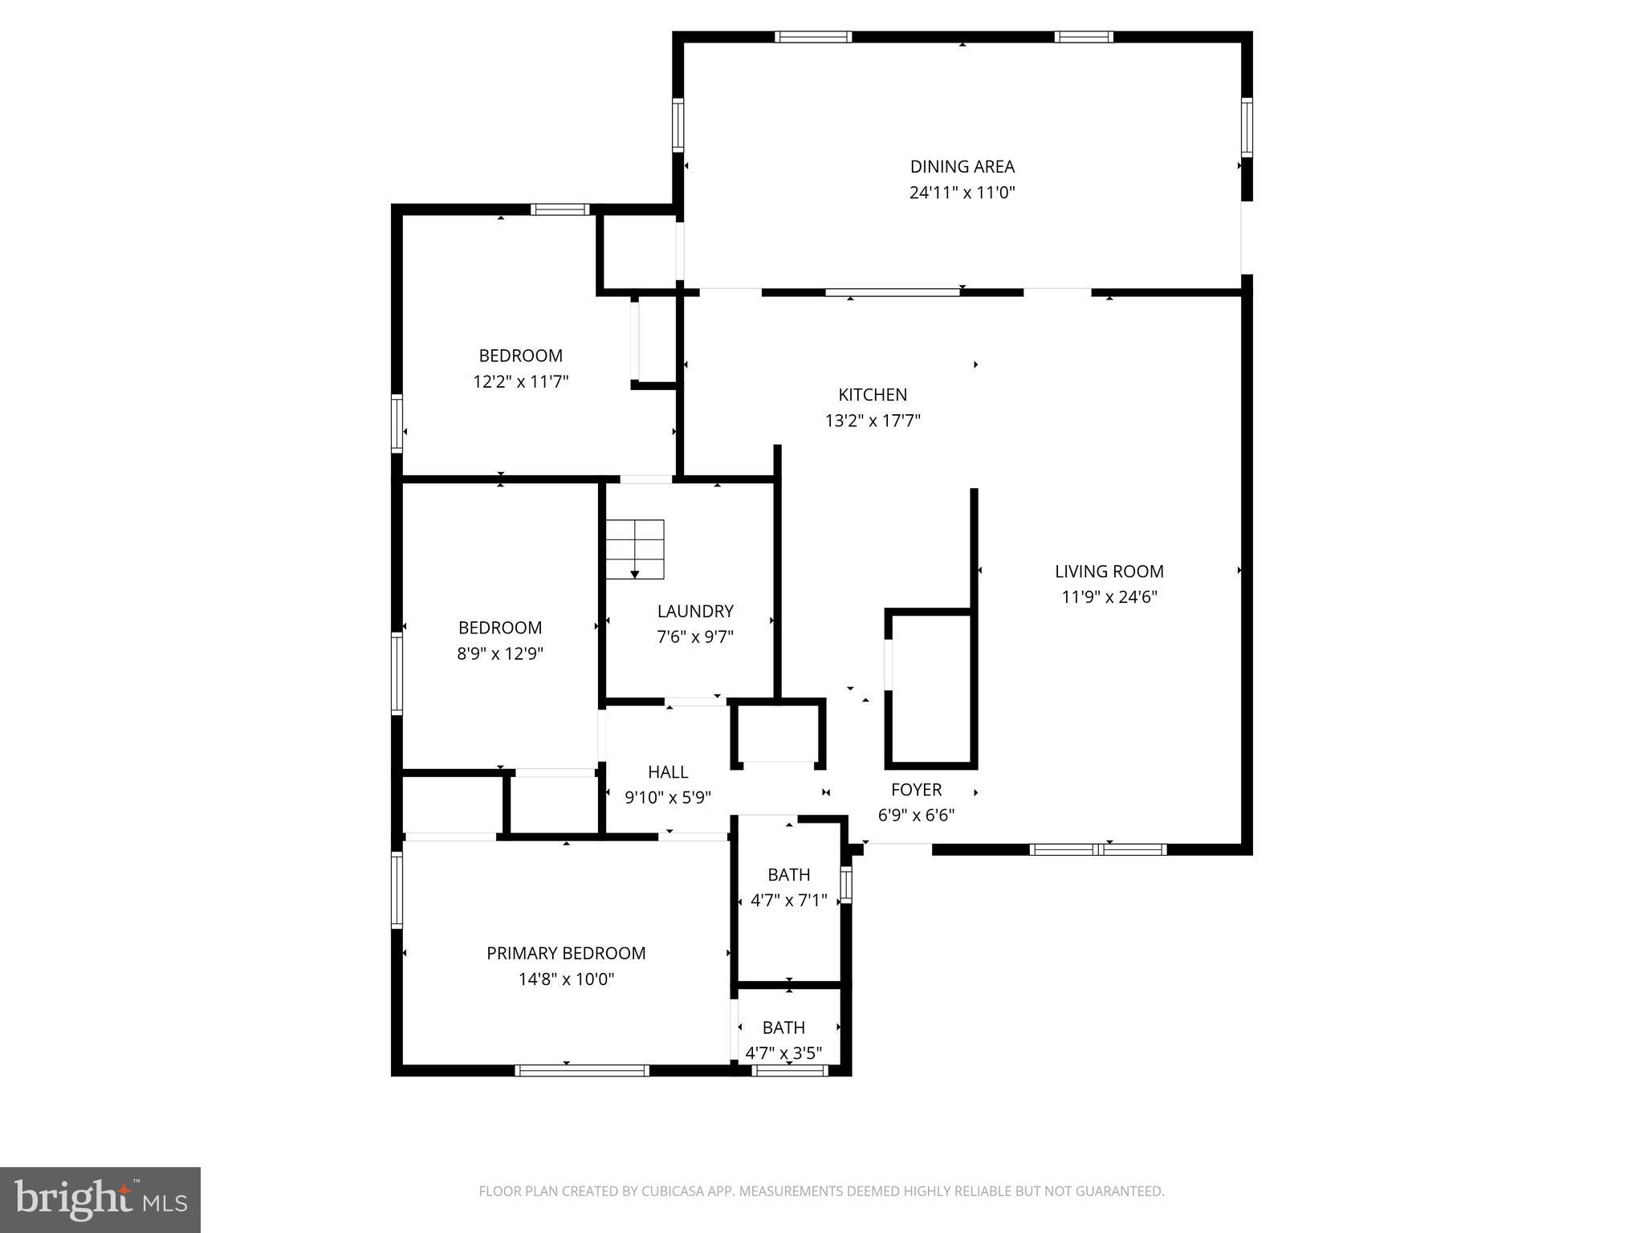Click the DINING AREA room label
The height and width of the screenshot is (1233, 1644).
[962, 167]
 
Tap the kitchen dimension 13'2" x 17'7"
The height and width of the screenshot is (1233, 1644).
[873, 421]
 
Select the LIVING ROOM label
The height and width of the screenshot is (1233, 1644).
[1109, 572]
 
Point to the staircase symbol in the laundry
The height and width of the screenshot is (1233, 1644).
[635, 549]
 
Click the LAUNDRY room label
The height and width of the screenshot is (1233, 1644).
[695, 612]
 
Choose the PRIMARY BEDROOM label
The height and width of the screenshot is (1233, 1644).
[566, 954]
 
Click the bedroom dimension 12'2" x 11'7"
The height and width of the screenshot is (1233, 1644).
[521, 381]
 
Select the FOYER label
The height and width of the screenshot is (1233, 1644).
[916, 790]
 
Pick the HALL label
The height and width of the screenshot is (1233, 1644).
[668, 772]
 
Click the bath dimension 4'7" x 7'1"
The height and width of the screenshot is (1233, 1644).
[788, 901]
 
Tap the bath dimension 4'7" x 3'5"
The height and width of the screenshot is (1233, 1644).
[783, 1053]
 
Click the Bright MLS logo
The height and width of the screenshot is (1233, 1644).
[100, 1199]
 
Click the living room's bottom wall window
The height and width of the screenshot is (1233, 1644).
[1097, 849]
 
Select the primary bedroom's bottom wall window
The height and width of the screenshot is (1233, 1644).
[582, 1070]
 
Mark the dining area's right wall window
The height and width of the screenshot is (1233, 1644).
[1247, 127]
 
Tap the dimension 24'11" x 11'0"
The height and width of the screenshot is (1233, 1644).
[962, 193]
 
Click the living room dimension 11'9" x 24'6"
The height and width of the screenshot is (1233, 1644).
[1109, 597]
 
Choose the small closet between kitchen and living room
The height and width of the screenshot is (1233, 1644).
[931, 689]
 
